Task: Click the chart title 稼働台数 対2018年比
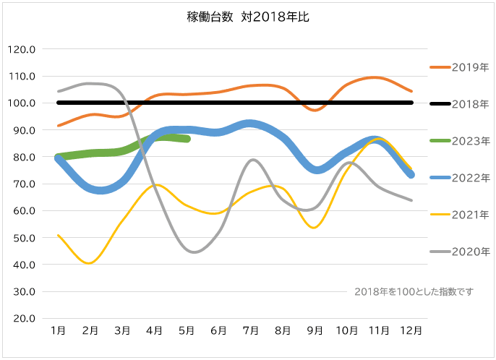(248, 17)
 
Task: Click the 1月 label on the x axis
(59, 330)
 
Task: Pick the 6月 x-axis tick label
(218, 330)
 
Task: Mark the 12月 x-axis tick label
(411, 330)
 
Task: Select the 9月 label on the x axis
(315, 330)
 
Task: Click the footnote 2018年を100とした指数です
(414, 291)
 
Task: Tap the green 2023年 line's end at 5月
(187, 139)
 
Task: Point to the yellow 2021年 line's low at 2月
(90, 263)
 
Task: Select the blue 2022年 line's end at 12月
(411, 174)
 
